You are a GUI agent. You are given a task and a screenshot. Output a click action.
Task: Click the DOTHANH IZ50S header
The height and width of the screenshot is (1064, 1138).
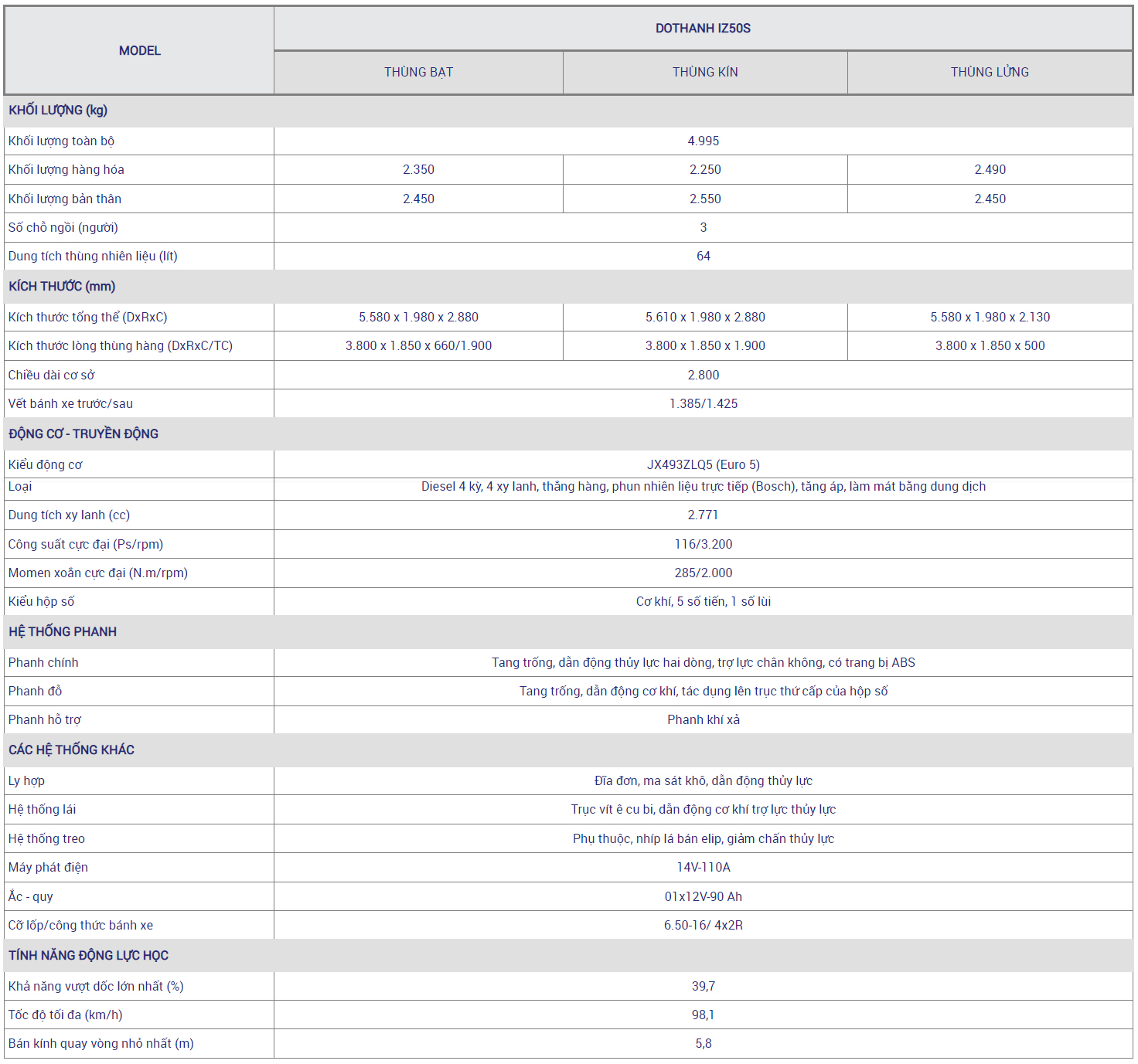(x=703, y=29)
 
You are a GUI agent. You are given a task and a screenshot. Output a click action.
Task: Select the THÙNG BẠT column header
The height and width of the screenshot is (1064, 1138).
(x=418, y=73)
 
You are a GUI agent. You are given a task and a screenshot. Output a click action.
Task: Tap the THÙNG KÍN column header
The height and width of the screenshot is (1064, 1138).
(x=705, y=73)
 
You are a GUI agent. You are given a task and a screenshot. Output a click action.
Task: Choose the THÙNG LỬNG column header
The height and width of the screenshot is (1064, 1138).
(x=990, y=73)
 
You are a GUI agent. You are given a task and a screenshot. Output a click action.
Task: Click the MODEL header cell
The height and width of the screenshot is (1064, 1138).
(x=140, y=51)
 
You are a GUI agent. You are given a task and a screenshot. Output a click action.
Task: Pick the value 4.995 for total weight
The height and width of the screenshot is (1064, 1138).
(x=703, y=141)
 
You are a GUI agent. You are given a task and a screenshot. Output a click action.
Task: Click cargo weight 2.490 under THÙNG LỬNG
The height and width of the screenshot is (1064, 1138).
(x=990, y=170)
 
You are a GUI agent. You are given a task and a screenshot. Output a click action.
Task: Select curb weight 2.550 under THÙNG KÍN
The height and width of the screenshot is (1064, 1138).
(x=705, y=199)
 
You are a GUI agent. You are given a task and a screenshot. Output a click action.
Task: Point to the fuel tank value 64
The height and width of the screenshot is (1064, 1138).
(x=703, y=257)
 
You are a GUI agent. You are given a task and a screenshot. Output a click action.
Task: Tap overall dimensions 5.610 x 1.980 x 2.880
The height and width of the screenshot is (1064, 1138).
(x=705, y=318)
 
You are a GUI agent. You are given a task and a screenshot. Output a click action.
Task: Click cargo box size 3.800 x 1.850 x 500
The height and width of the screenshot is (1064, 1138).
(x=990, y=346)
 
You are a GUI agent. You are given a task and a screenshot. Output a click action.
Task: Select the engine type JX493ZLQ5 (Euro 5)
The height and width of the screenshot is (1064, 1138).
(x=703, y=465)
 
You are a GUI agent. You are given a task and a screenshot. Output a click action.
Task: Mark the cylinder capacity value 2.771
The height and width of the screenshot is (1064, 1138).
(x=703, y=515)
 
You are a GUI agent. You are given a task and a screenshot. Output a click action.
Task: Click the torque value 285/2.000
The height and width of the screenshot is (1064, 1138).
(x=703, y=573)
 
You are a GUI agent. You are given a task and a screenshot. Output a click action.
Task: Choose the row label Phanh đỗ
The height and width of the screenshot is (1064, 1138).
(x=35, y=692)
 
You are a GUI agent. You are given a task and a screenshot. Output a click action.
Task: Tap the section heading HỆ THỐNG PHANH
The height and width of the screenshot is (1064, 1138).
(x=63, y=632)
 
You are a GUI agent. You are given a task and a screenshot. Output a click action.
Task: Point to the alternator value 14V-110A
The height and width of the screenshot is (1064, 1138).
(x=703, y=868)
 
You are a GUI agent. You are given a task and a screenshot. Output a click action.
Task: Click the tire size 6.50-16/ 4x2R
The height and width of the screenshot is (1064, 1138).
(x=703, y=926)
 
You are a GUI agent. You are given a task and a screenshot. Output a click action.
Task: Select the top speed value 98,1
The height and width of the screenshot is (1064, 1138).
(x=703, y=1015)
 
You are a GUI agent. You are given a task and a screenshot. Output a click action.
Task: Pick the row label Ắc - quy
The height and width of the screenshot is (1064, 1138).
(x=31, y=897)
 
